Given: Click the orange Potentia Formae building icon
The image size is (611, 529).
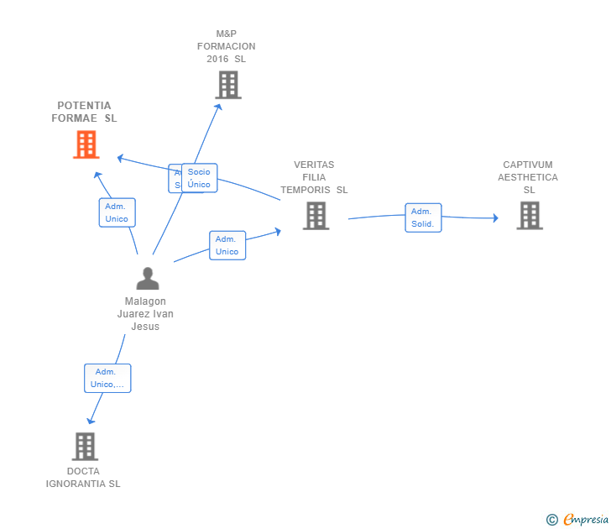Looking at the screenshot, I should pyautogui.click(x=86, y=144).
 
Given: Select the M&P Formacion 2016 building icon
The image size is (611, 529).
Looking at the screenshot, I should pyautogui.click(x=227, y=85).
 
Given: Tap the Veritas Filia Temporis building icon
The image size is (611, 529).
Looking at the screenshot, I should pyautogui.click(x=316, y=216).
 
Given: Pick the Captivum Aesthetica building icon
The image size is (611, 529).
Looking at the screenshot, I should pyautogui.click(x=529, y=216).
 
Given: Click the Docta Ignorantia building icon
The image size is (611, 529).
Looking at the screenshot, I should pyautogui.click(x=84, y=446).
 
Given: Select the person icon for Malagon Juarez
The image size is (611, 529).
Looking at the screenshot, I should pyautogui.click(x=148, y=279).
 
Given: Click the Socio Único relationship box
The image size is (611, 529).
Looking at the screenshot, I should pyautogui.click(x=200, y=178).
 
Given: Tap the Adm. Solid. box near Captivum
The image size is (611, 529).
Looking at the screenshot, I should pyautogui.click(x=422, y=217).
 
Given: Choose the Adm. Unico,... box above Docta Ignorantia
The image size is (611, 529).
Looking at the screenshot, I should pyautogui.click(x=107, y=378).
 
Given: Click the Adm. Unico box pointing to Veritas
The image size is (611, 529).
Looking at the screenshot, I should pyautogui.click(x=227, y=245).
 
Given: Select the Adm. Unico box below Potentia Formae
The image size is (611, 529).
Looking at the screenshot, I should pyautogui.click(x=117, y=212).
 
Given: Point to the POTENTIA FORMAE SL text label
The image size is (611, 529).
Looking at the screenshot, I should pyautogui.click(x=84, y=112).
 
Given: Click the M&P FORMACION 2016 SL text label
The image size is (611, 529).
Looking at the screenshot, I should pyautogui.click(x=227, y=46).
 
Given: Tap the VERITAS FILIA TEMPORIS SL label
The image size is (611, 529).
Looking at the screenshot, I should pyautogui.click(x=314, y=177).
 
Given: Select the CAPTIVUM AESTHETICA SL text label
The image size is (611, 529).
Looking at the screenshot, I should pyautogui.click(x=528, y=177).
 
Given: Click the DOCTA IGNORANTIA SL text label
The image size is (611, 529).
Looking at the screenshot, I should pyautogui.click(x=83, y=477).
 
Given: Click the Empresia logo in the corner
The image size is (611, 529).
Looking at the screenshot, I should pyautogui.click(x=578, y=519).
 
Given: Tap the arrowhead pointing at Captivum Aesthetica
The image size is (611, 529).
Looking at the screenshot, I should pyautogui.click(x=495, y=218).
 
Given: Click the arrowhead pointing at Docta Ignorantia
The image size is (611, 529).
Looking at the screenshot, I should pyautogui.click(x=91, y=421).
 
